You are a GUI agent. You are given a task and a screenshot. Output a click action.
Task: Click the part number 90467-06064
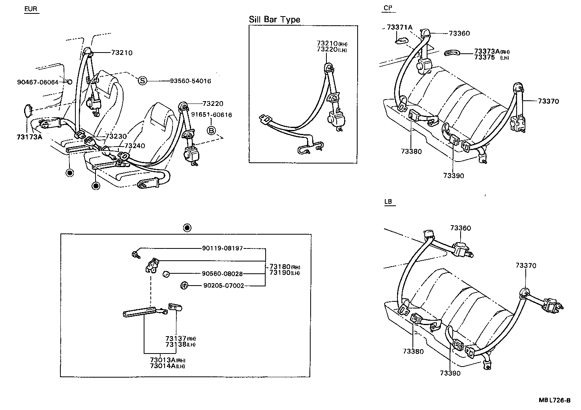click(37, 82)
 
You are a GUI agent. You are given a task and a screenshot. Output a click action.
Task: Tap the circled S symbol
click(142, 81)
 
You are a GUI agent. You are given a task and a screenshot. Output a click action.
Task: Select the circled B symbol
click(212, 130)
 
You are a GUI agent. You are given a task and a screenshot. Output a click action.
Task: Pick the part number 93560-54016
click(190, 81)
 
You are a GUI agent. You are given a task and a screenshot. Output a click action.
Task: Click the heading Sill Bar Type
click(274, 19)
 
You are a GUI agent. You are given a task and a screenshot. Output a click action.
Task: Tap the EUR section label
click(32, 9)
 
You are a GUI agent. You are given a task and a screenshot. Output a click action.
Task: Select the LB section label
click(388, 202)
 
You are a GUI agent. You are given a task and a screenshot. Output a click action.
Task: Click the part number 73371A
click(399, 27)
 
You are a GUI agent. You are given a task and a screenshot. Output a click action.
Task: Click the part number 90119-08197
click(222, 248)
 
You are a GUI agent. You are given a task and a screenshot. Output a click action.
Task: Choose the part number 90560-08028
click(222, 273)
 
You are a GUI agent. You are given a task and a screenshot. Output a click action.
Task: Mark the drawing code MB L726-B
click(555, 400)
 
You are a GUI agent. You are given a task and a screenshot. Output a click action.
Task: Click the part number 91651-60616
click(212, 115)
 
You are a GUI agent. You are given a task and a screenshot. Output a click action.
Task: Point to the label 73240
click(135, 146)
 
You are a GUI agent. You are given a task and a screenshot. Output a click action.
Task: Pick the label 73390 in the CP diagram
click(454, 176)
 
